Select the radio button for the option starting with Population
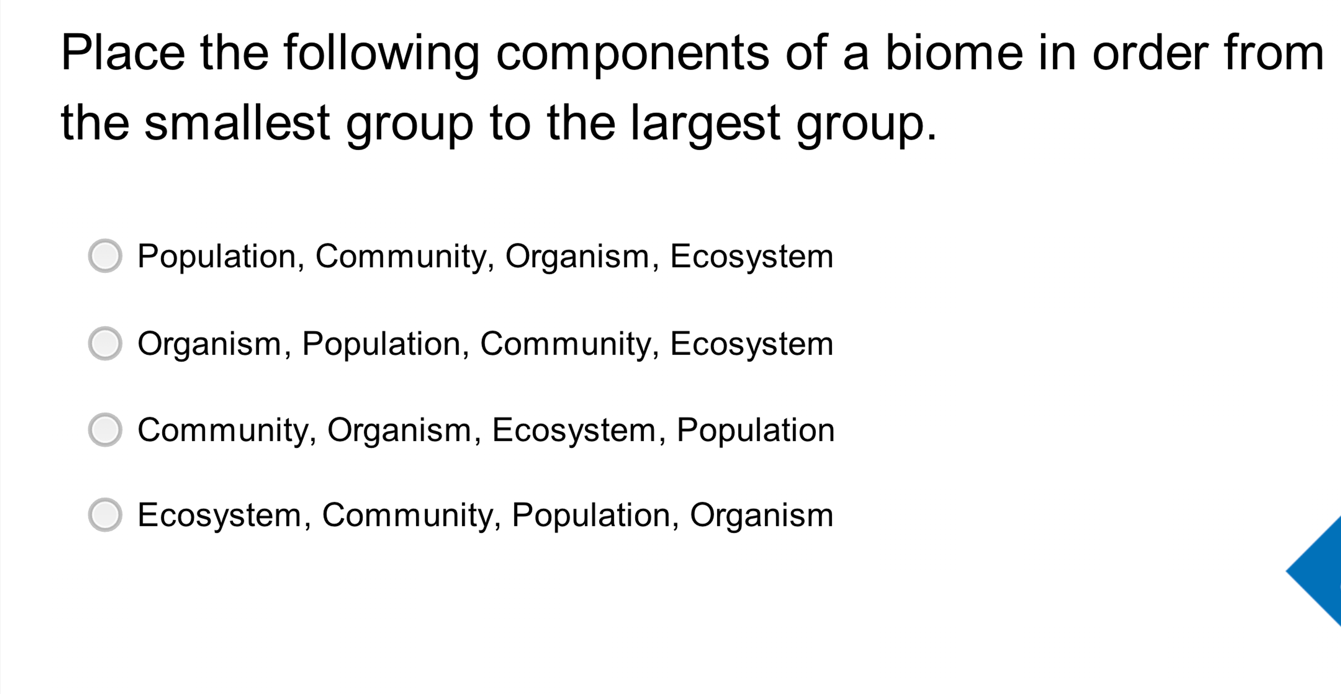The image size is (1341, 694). click(x=105, y=256)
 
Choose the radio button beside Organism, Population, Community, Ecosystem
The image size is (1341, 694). click(x=105, y=343)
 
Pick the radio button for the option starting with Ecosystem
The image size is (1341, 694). click(x=105, y=515)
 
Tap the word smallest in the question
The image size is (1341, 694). click(x=237, y=124)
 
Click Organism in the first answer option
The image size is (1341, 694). click(x=577, y=257)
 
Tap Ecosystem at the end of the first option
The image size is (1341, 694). click(x=751, y=257)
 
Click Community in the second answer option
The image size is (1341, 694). click(x=565, y=344)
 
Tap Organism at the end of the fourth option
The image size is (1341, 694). click(x=761, y=516)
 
